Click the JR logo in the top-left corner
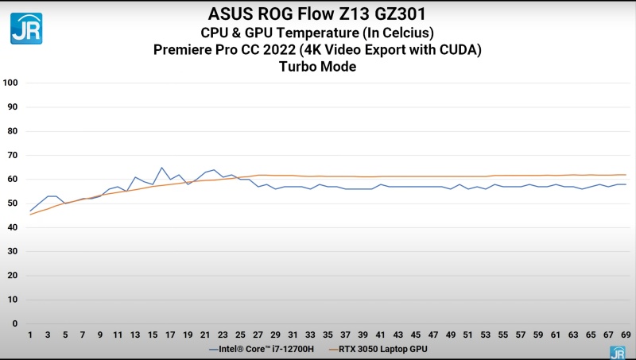pyautogui.click(x=26, y=28)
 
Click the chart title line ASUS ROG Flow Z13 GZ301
pyautogui.click(x=317, y=14)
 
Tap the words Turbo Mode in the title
pyautogui.click(x=317, y=67)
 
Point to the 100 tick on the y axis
pyautogui.click(x=10, y=83)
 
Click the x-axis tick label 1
pyautogui.click(x=30, y=335)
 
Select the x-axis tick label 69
pyautogui.click(x=626, y=335)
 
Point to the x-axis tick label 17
pyautogui.click(x=170, y=335)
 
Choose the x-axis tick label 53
pyautogui.click(x=486, y=335)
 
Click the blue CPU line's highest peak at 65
pyautogui.click(x=161, y=168)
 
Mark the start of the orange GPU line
pyautogui.click(x=30, y=215)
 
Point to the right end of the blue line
pyautogui.click(x=626, y=184)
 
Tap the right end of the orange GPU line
pyautogui.click(x=626, y=175)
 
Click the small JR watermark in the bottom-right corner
pyautogui.click(x=617, y=352)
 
